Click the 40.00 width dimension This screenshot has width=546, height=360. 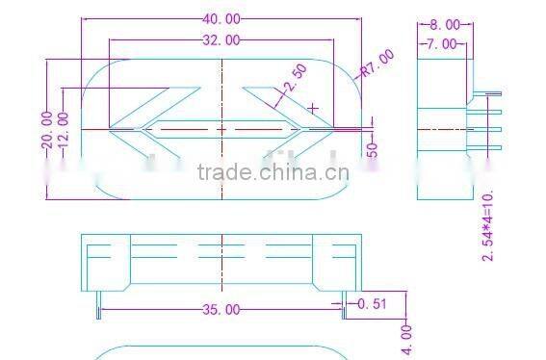click(221, 18)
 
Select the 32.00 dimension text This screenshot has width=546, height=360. click(221, 39)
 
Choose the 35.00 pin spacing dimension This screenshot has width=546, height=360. click(221, 309)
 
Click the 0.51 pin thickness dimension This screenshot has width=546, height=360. click(373, 304)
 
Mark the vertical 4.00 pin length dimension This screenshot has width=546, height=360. click(407, 338)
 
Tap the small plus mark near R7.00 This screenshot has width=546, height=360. click(313, 107)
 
